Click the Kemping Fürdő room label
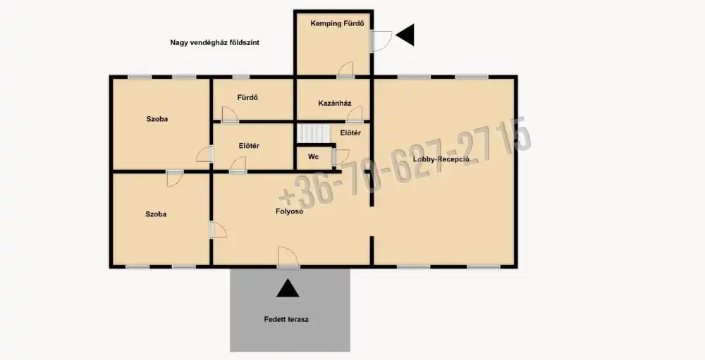[337, 23]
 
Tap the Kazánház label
[334, 104]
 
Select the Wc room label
[314, 157]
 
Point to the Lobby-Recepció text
[441, 159]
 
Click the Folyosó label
[289, 211]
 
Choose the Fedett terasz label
[286, 320]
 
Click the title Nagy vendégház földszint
[214, 43]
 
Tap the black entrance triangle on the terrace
[288, 289]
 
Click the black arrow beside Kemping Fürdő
[405, 35]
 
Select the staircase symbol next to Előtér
[313, 133]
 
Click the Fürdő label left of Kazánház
[247, 97]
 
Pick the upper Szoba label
[157, 119]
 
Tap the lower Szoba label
[156, 214]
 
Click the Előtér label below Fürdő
[249, 146]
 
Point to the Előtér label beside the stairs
[350, 133]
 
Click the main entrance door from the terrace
[288, 257]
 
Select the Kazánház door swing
[355, 115]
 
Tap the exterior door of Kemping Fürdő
[381, 41]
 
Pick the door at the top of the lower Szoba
[174, 178]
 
